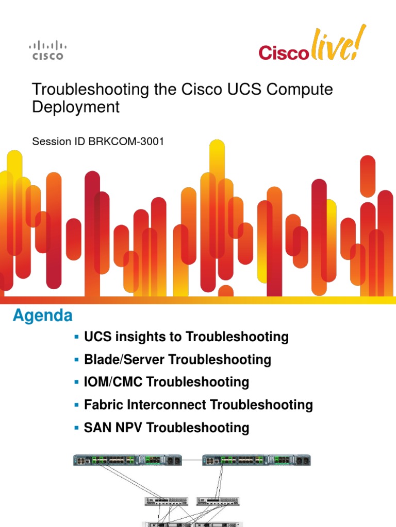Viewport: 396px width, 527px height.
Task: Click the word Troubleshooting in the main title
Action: click(x=90, y=89)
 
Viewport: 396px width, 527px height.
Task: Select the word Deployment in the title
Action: click(x=76, y=107)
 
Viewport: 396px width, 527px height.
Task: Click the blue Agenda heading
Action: click(x=43, y=315)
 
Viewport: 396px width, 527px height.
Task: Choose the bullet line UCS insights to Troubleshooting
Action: click(x=186, y=337)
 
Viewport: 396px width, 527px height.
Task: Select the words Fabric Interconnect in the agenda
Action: click(x=138, y=405)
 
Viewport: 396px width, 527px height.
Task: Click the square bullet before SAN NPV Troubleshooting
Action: click(x=77, y=427)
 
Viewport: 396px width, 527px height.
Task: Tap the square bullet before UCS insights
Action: click(x=77, y=337)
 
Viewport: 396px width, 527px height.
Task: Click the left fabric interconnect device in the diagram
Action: click(x=129, y=460)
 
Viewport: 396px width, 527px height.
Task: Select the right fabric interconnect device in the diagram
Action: click(x=257, y=460)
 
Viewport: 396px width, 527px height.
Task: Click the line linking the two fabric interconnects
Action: click(x=193, y=459)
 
